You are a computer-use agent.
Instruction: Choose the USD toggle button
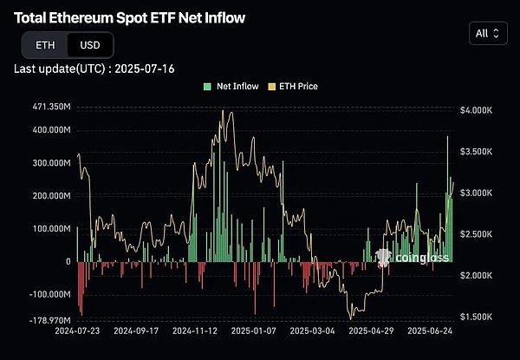click(88, 45)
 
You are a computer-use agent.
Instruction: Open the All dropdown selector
click(487, 34)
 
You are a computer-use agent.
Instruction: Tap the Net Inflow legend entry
click(232, 87)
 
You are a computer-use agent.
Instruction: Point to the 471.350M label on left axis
click(45, 108)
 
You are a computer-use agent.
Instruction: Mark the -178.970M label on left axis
click(43, 319)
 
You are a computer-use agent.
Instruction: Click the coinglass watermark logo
click(401, 257)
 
